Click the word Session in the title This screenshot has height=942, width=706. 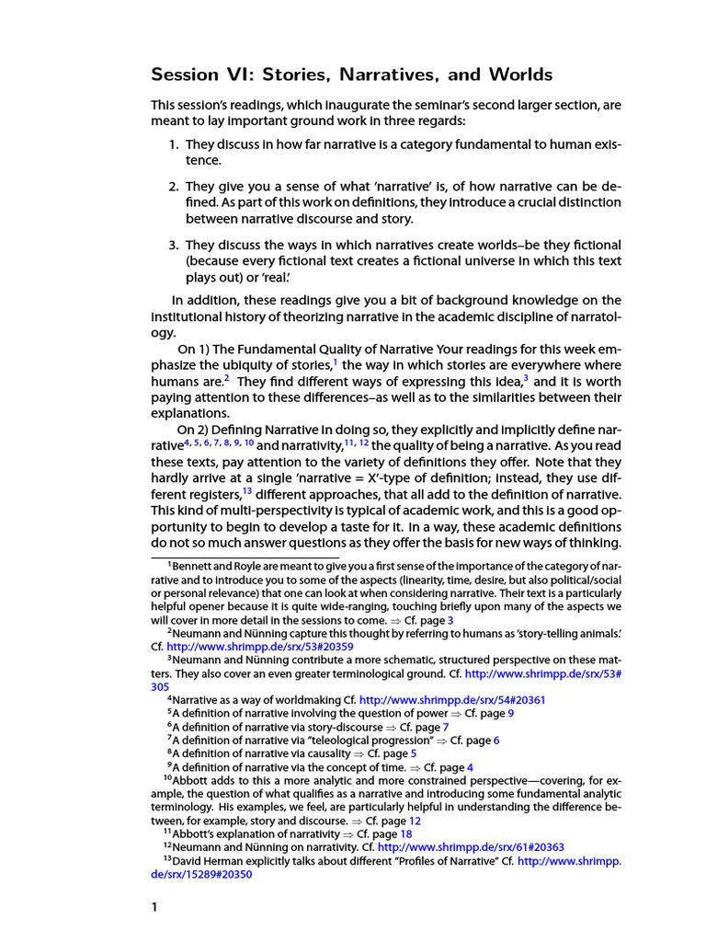click(x=187, y=75)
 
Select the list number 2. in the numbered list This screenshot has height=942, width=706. click(x=173, y=187)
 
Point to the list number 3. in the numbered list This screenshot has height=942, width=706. click(x=173, y=246)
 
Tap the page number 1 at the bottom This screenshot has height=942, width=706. click(x=155, y=907)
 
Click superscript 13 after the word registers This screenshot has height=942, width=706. click(x=247, y=488)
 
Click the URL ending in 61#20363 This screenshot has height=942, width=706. click(x=471, y=847)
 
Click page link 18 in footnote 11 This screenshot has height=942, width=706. click(x=380, y=833)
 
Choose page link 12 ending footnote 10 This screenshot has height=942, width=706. click(x=415, y=820)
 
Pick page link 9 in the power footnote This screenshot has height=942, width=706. click(x=510, y=713)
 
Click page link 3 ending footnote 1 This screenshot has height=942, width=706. click(x=450, y=620)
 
